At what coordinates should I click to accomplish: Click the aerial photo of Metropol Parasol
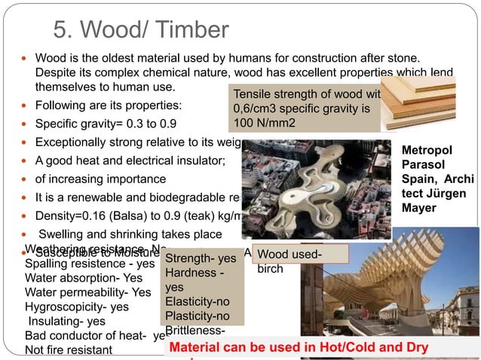[x=316, y=188]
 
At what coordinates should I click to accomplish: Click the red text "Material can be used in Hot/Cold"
[x=299, y=348]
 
